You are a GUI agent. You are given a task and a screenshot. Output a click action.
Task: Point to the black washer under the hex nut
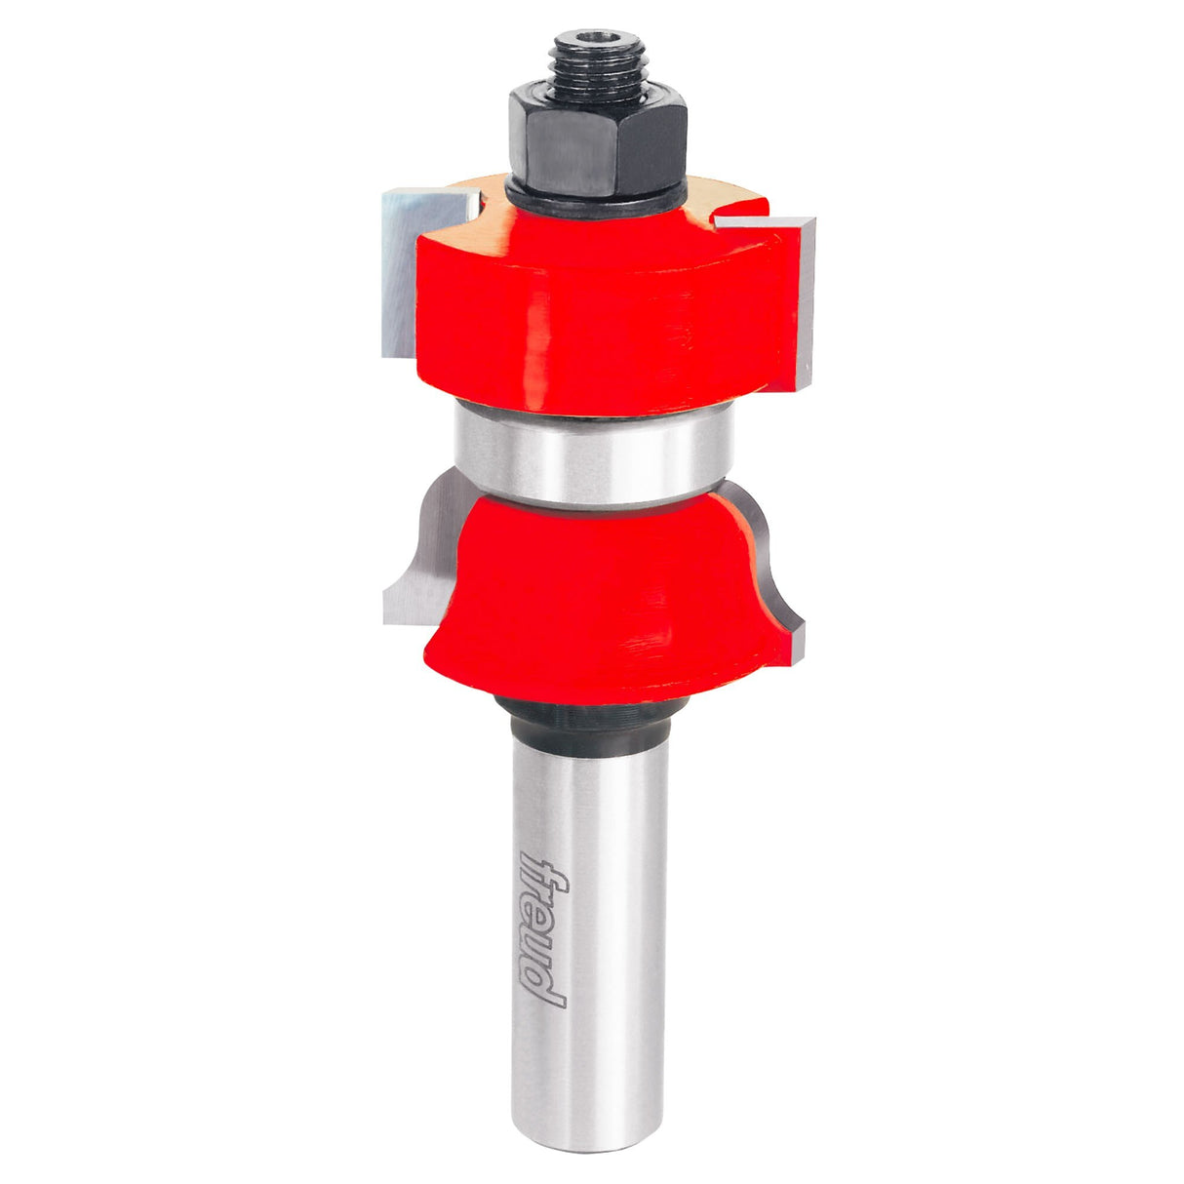tap(595, 197)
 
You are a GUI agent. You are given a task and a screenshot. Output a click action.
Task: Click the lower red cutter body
tap(606, 602)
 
